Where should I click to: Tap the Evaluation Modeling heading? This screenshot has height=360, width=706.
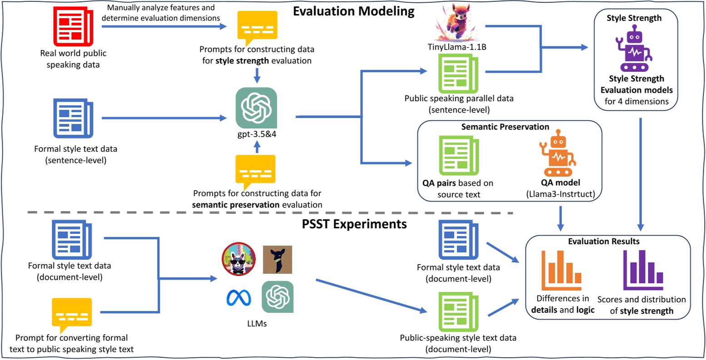(x=354, y=11)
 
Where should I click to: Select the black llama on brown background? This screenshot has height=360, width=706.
(x=277, y=260)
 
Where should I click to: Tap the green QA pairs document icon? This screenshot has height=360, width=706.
(x=459, y=156)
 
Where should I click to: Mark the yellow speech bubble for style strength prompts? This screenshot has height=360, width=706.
(x=257, y=27)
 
